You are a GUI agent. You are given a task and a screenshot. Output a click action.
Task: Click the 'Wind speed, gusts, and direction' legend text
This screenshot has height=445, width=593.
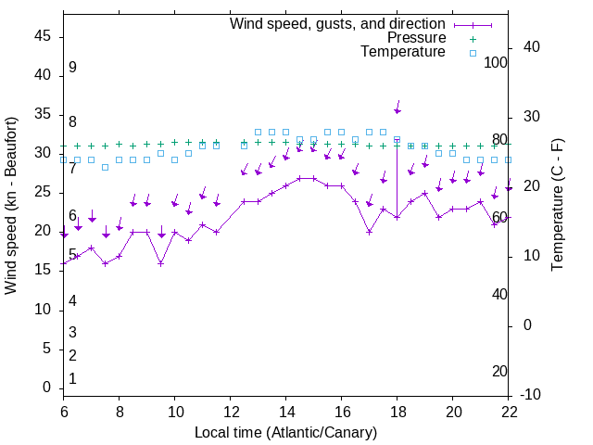(337, 23)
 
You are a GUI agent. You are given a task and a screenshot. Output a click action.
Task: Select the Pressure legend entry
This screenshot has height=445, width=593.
(416, 38)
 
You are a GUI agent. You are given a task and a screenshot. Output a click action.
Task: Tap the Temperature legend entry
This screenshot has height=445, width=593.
(403, 52)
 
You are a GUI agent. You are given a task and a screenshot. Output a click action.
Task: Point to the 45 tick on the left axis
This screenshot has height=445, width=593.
(43, 35)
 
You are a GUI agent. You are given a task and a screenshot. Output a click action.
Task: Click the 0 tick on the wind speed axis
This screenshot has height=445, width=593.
(47, 388)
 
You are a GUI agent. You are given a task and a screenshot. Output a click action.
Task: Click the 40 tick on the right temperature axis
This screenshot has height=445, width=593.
(531, 47)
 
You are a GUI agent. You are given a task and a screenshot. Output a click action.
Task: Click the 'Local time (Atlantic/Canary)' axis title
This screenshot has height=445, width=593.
(286, 432)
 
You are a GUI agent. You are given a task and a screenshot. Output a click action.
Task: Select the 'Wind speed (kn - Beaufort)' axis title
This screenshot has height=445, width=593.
(12, 206)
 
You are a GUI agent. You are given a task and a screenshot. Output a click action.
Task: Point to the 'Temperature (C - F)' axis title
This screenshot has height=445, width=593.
(558, 206)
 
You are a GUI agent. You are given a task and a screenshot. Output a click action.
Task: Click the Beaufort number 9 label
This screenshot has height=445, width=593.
(72, 68)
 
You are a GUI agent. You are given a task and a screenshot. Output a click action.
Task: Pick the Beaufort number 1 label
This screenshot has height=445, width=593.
(72, 378)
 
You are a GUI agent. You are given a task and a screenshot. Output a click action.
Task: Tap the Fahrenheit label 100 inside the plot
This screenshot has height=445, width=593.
(497, 62)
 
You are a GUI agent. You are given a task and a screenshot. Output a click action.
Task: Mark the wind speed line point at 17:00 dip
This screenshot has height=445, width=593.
(369, 232)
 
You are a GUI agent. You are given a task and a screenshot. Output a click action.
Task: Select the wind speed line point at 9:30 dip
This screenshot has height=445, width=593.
(160, 263)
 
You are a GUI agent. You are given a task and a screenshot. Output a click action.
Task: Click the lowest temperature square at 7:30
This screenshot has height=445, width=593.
(105, 167)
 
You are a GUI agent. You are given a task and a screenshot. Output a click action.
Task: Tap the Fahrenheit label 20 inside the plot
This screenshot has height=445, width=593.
(499, 371)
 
